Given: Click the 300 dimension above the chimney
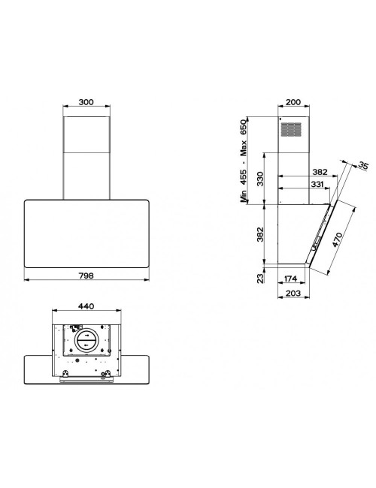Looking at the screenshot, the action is pyautogui.click(x=86, y=102).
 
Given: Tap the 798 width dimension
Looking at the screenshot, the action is pyautogui.click(x=86, y=276).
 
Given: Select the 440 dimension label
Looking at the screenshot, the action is pyautogui.click(x=86, y=306).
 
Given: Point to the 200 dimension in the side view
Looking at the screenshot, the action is pyautogui.click(x=293, y=102).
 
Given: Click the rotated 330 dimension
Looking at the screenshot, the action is pyautogui.click(x=260, y=179).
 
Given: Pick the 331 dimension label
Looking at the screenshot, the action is pyautogui.click(x=317, y=184).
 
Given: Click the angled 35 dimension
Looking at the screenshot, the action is pyautogui.click(x=362, y=165).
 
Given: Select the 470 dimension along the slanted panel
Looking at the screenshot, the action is pyautogui.click(x=337, y=239).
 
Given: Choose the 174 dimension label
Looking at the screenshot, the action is pyautogui.click(x=290, y=279).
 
